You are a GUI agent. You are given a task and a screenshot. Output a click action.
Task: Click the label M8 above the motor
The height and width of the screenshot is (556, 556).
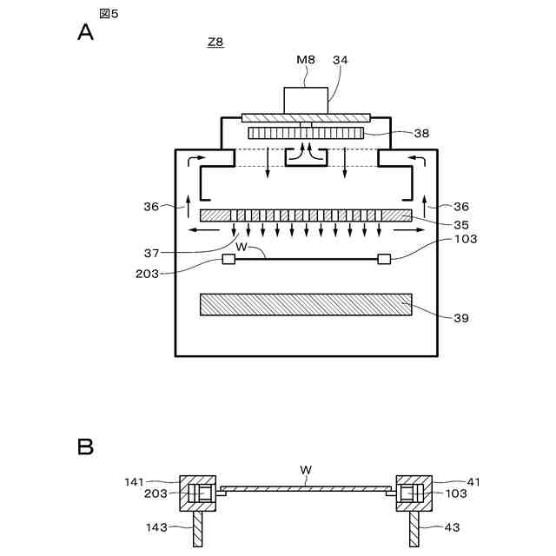point(305,59)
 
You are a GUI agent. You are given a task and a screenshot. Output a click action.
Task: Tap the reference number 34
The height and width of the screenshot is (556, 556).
point(341,59)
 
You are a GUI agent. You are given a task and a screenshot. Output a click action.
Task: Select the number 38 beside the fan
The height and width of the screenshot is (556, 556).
point(421,134)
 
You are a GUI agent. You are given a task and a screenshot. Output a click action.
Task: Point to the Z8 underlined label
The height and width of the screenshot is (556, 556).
point(215,43)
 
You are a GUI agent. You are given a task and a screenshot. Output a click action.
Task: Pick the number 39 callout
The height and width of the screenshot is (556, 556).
point(460,319)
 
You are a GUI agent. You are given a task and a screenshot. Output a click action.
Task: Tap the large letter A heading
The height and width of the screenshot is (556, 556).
point(85,32)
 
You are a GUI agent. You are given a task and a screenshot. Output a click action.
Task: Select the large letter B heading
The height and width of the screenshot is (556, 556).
point(85,447)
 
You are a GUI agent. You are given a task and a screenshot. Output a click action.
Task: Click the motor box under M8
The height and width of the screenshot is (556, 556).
point(306,99)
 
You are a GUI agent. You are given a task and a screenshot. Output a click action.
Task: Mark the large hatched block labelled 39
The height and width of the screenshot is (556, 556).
point(306,304)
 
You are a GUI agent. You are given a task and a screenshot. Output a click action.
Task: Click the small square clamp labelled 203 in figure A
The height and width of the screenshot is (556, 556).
point(229,259)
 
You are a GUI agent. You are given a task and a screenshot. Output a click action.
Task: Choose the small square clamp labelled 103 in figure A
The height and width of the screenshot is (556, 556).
point(383,258)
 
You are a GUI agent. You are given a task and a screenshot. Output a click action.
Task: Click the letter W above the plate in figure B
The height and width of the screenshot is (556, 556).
point(306,470)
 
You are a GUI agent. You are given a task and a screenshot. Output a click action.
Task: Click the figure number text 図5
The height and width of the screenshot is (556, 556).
point(109,13)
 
